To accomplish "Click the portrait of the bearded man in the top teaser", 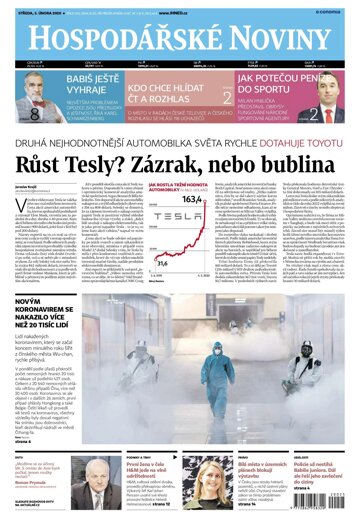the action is pyautogui.click(x=29, y=103).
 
